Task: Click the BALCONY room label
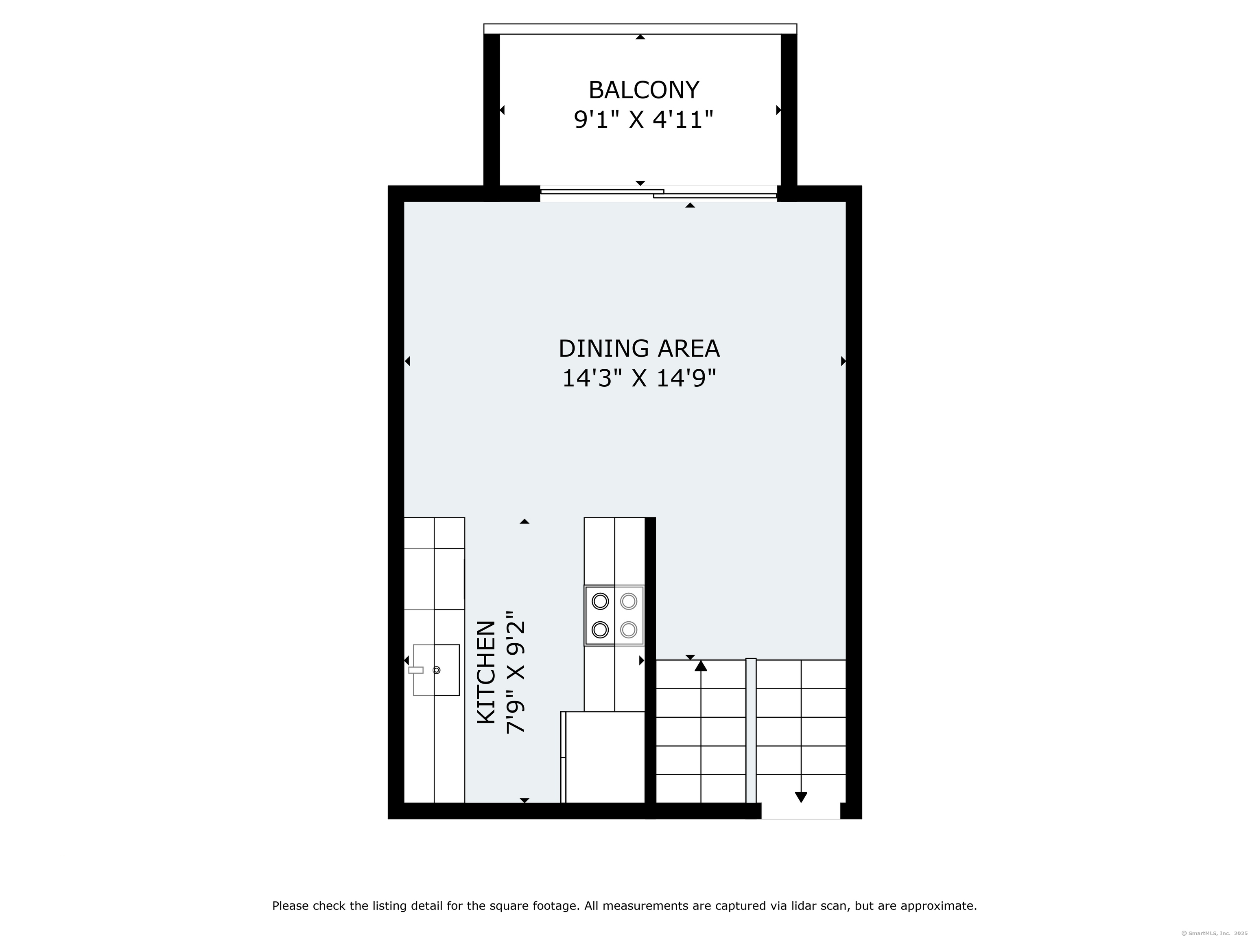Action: pyautogui.click(x=644, y=90)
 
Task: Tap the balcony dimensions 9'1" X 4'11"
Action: pyautogui.click(x=644, y=120)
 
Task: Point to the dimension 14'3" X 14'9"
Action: pyautogui.click(x=639, y=378)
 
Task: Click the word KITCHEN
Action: pyautogui.click(x=487, y=672)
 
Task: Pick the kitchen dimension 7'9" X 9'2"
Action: pyautogui.click(x=516, y=672)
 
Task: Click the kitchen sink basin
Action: pyautogui.click(x=436, y=670)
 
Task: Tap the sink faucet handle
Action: pyautogui.click(x=416, y=670)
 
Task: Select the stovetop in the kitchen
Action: pyautogui.click(x=614, y=615)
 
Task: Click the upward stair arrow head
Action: pyautogui.click(x=701, y=666)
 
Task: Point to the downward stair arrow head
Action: pyautogui.click(x=801, y=797)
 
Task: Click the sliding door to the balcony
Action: pyautogui.click(x=659, y=193)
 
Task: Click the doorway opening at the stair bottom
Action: pyautogui.click(x=801, y=811)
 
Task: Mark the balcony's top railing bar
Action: pyautogui.click(x=640, y=29)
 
